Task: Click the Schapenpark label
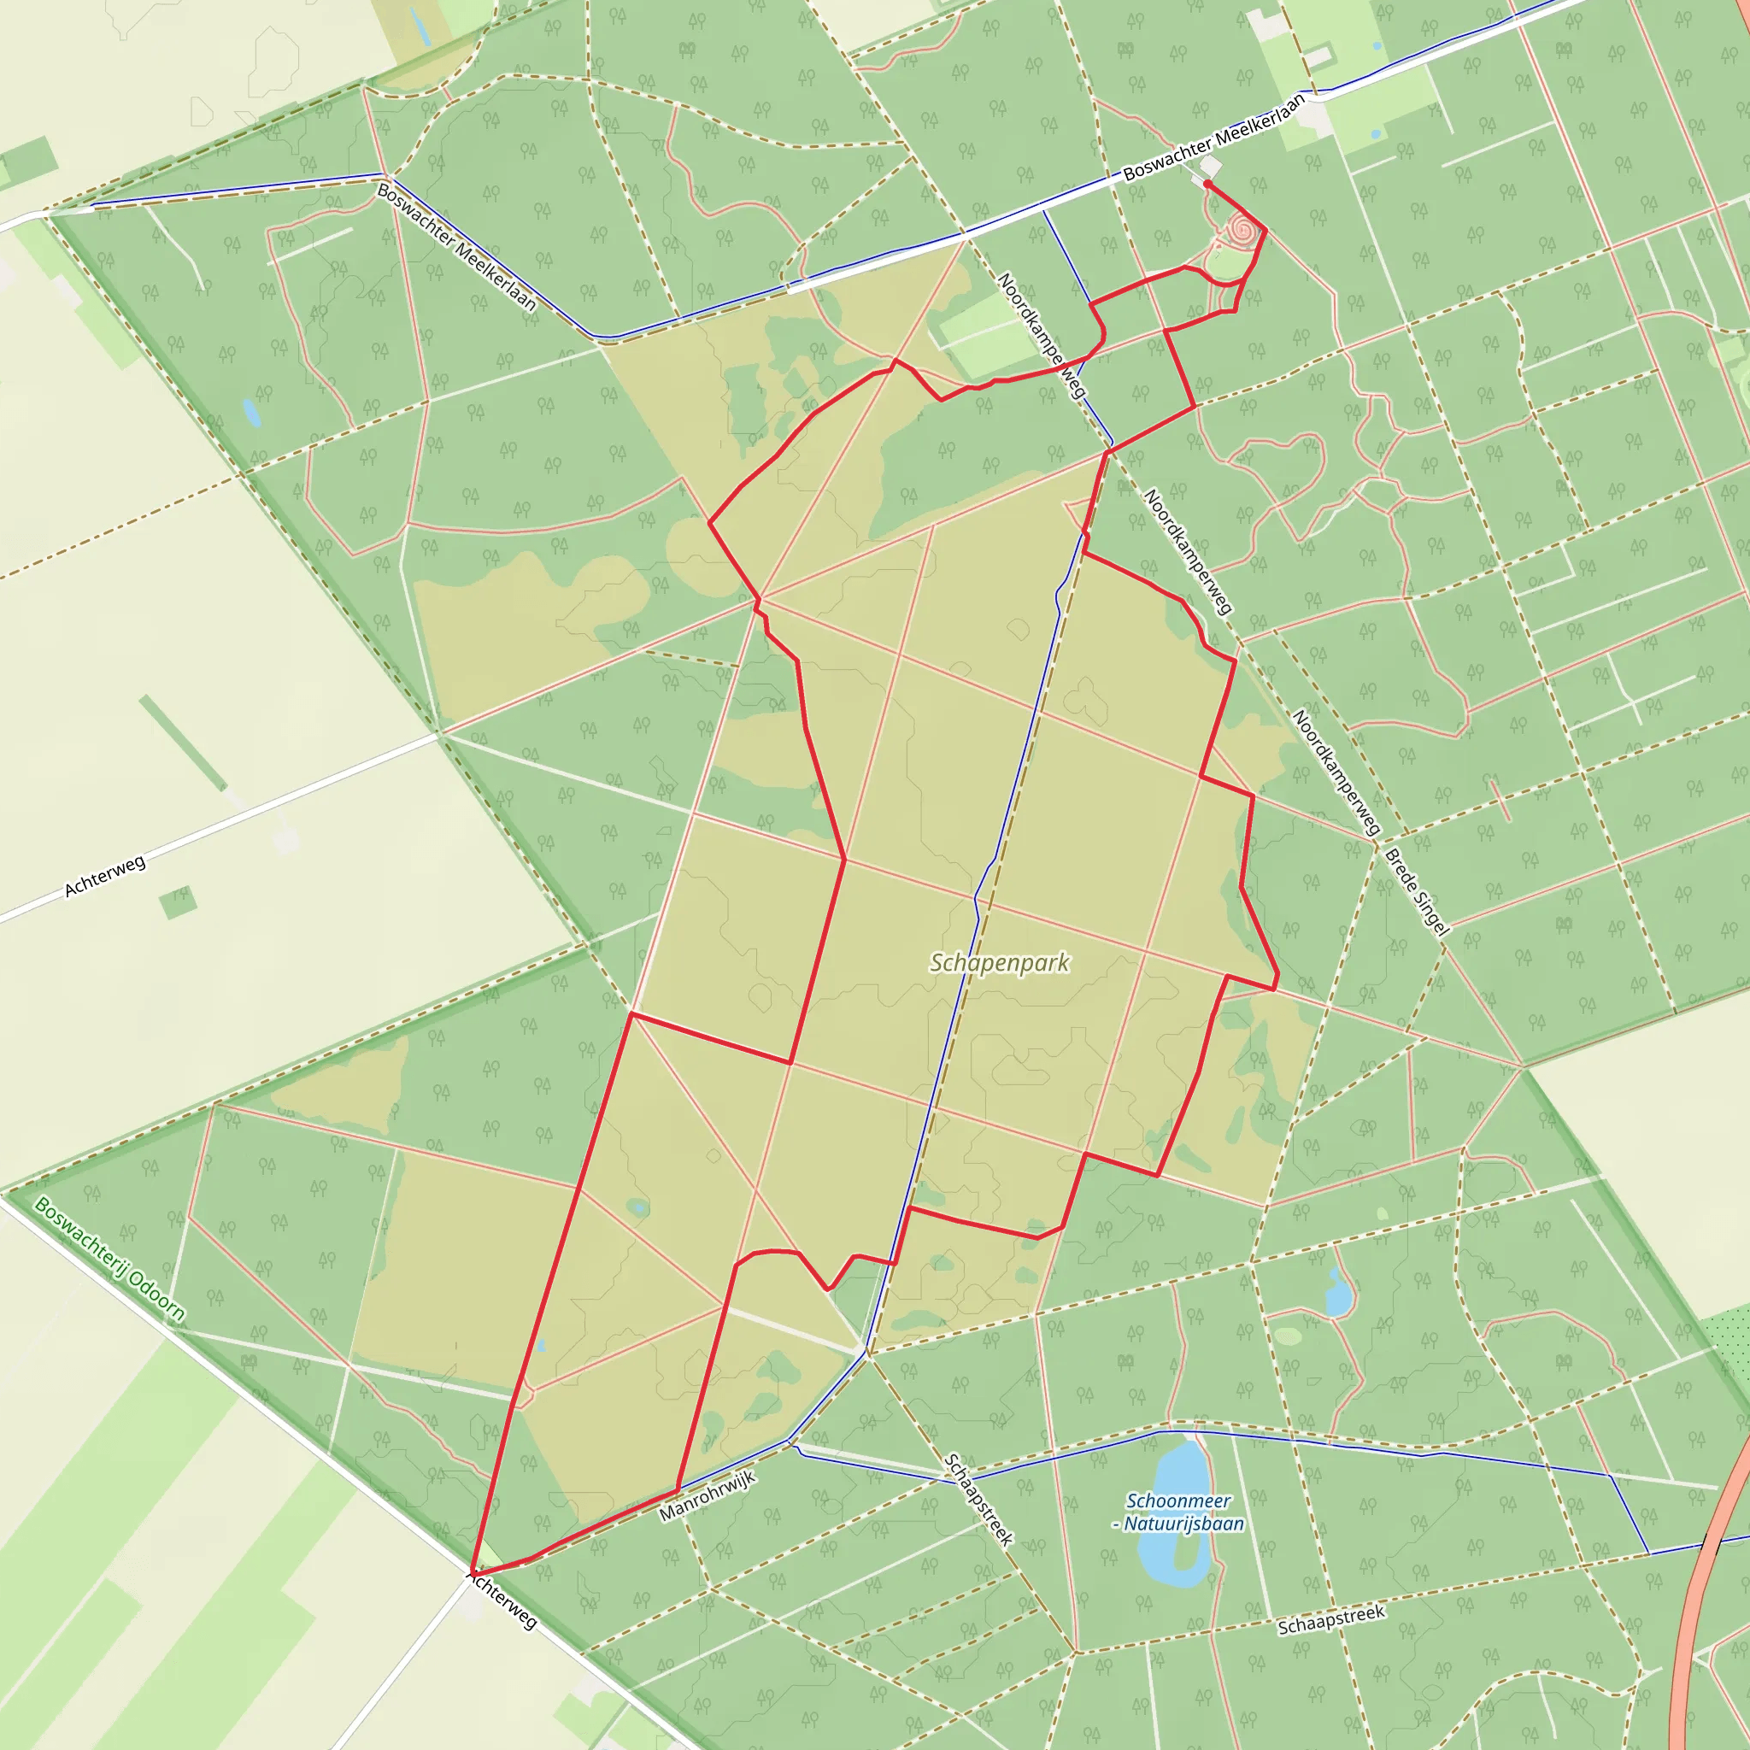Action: [1000, 963]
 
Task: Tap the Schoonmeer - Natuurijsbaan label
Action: [1177, 1512]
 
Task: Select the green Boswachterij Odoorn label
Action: [109, 1259]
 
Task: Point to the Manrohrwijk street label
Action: [707, 1496]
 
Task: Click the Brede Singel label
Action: [1417, 891]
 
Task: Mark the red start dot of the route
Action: [1207, 184]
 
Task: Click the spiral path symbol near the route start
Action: [1243, 231]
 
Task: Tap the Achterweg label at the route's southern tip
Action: [502, 1600]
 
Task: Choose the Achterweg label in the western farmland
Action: [105, 877]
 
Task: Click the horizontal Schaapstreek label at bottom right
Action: [1330, 1620]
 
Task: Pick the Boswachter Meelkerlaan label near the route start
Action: [1213, 137]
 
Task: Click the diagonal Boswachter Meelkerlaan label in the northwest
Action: [456, 246]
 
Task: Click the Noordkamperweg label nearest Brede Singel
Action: [1336, 772]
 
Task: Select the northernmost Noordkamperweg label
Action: [1041, 335]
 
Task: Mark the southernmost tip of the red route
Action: [472, 1572]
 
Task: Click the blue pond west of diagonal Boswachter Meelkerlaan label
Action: [251, 413]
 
